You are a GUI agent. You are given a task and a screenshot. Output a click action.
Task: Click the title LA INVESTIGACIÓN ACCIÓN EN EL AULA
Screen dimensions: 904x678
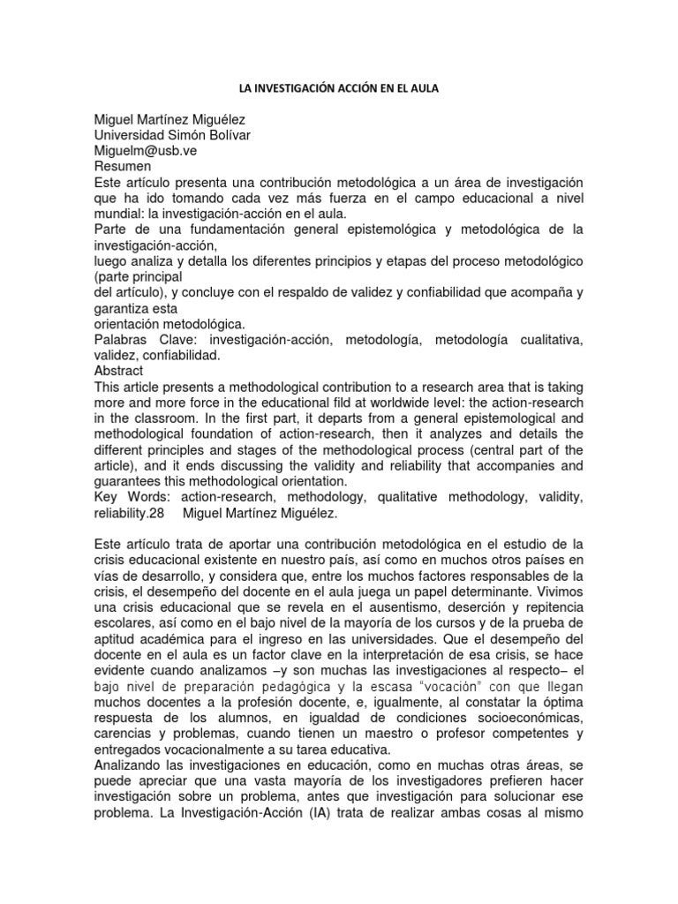pyautogui.click(x=339, y=90)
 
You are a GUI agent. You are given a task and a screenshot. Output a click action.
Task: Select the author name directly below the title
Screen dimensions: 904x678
pyautogui.click(x=176, y=119)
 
